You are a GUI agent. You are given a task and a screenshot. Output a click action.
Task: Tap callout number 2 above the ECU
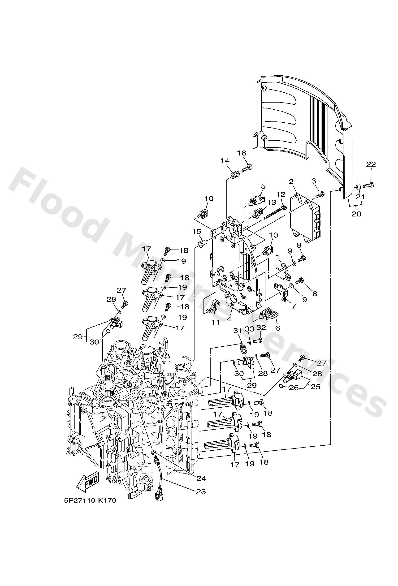pyautogui.click(x=291, y=181)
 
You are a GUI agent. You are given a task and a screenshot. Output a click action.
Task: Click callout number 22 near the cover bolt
pyautogui.click(x=371, y=164)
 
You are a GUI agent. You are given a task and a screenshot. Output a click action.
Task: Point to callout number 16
pyautogui.click(x=241, y=153)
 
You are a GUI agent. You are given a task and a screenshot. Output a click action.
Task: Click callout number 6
pyautogui.click(x=277, y=328)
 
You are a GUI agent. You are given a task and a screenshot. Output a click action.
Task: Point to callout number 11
pyautogui.click(x=215, y=322)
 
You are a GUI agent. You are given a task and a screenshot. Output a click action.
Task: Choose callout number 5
pyautogui.click(x=263, y=186)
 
